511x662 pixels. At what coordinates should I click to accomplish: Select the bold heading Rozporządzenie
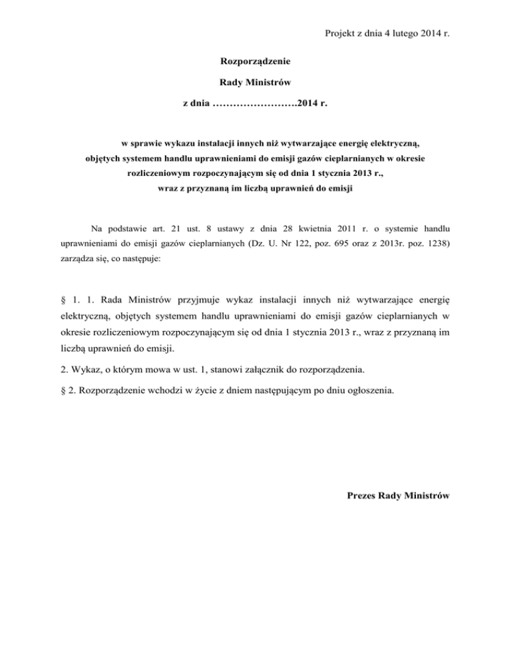[x=255, y=62]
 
